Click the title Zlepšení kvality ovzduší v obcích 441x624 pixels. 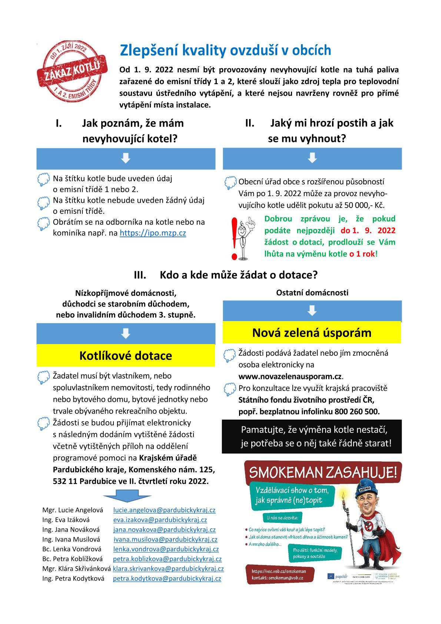225,50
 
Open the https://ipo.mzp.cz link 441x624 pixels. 153,233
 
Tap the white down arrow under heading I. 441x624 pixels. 126,158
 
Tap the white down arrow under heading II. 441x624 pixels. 312,158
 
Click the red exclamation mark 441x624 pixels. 234,238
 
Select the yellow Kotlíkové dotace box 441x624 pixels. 126,356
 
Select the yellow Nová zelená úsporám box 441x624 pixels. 312,333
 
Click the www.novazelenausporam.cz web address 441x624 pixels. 290,377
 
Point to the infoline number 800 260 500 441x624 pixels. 357,412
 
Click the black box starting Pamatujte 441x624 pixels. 312,436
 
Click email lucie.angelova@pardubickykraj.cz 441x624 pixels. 164,510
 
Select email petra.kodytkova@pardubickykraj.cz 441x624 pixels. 167,578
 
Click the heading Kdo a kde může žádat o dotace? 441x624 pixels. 239,275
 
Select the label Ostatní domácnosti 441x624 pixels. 312,293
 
